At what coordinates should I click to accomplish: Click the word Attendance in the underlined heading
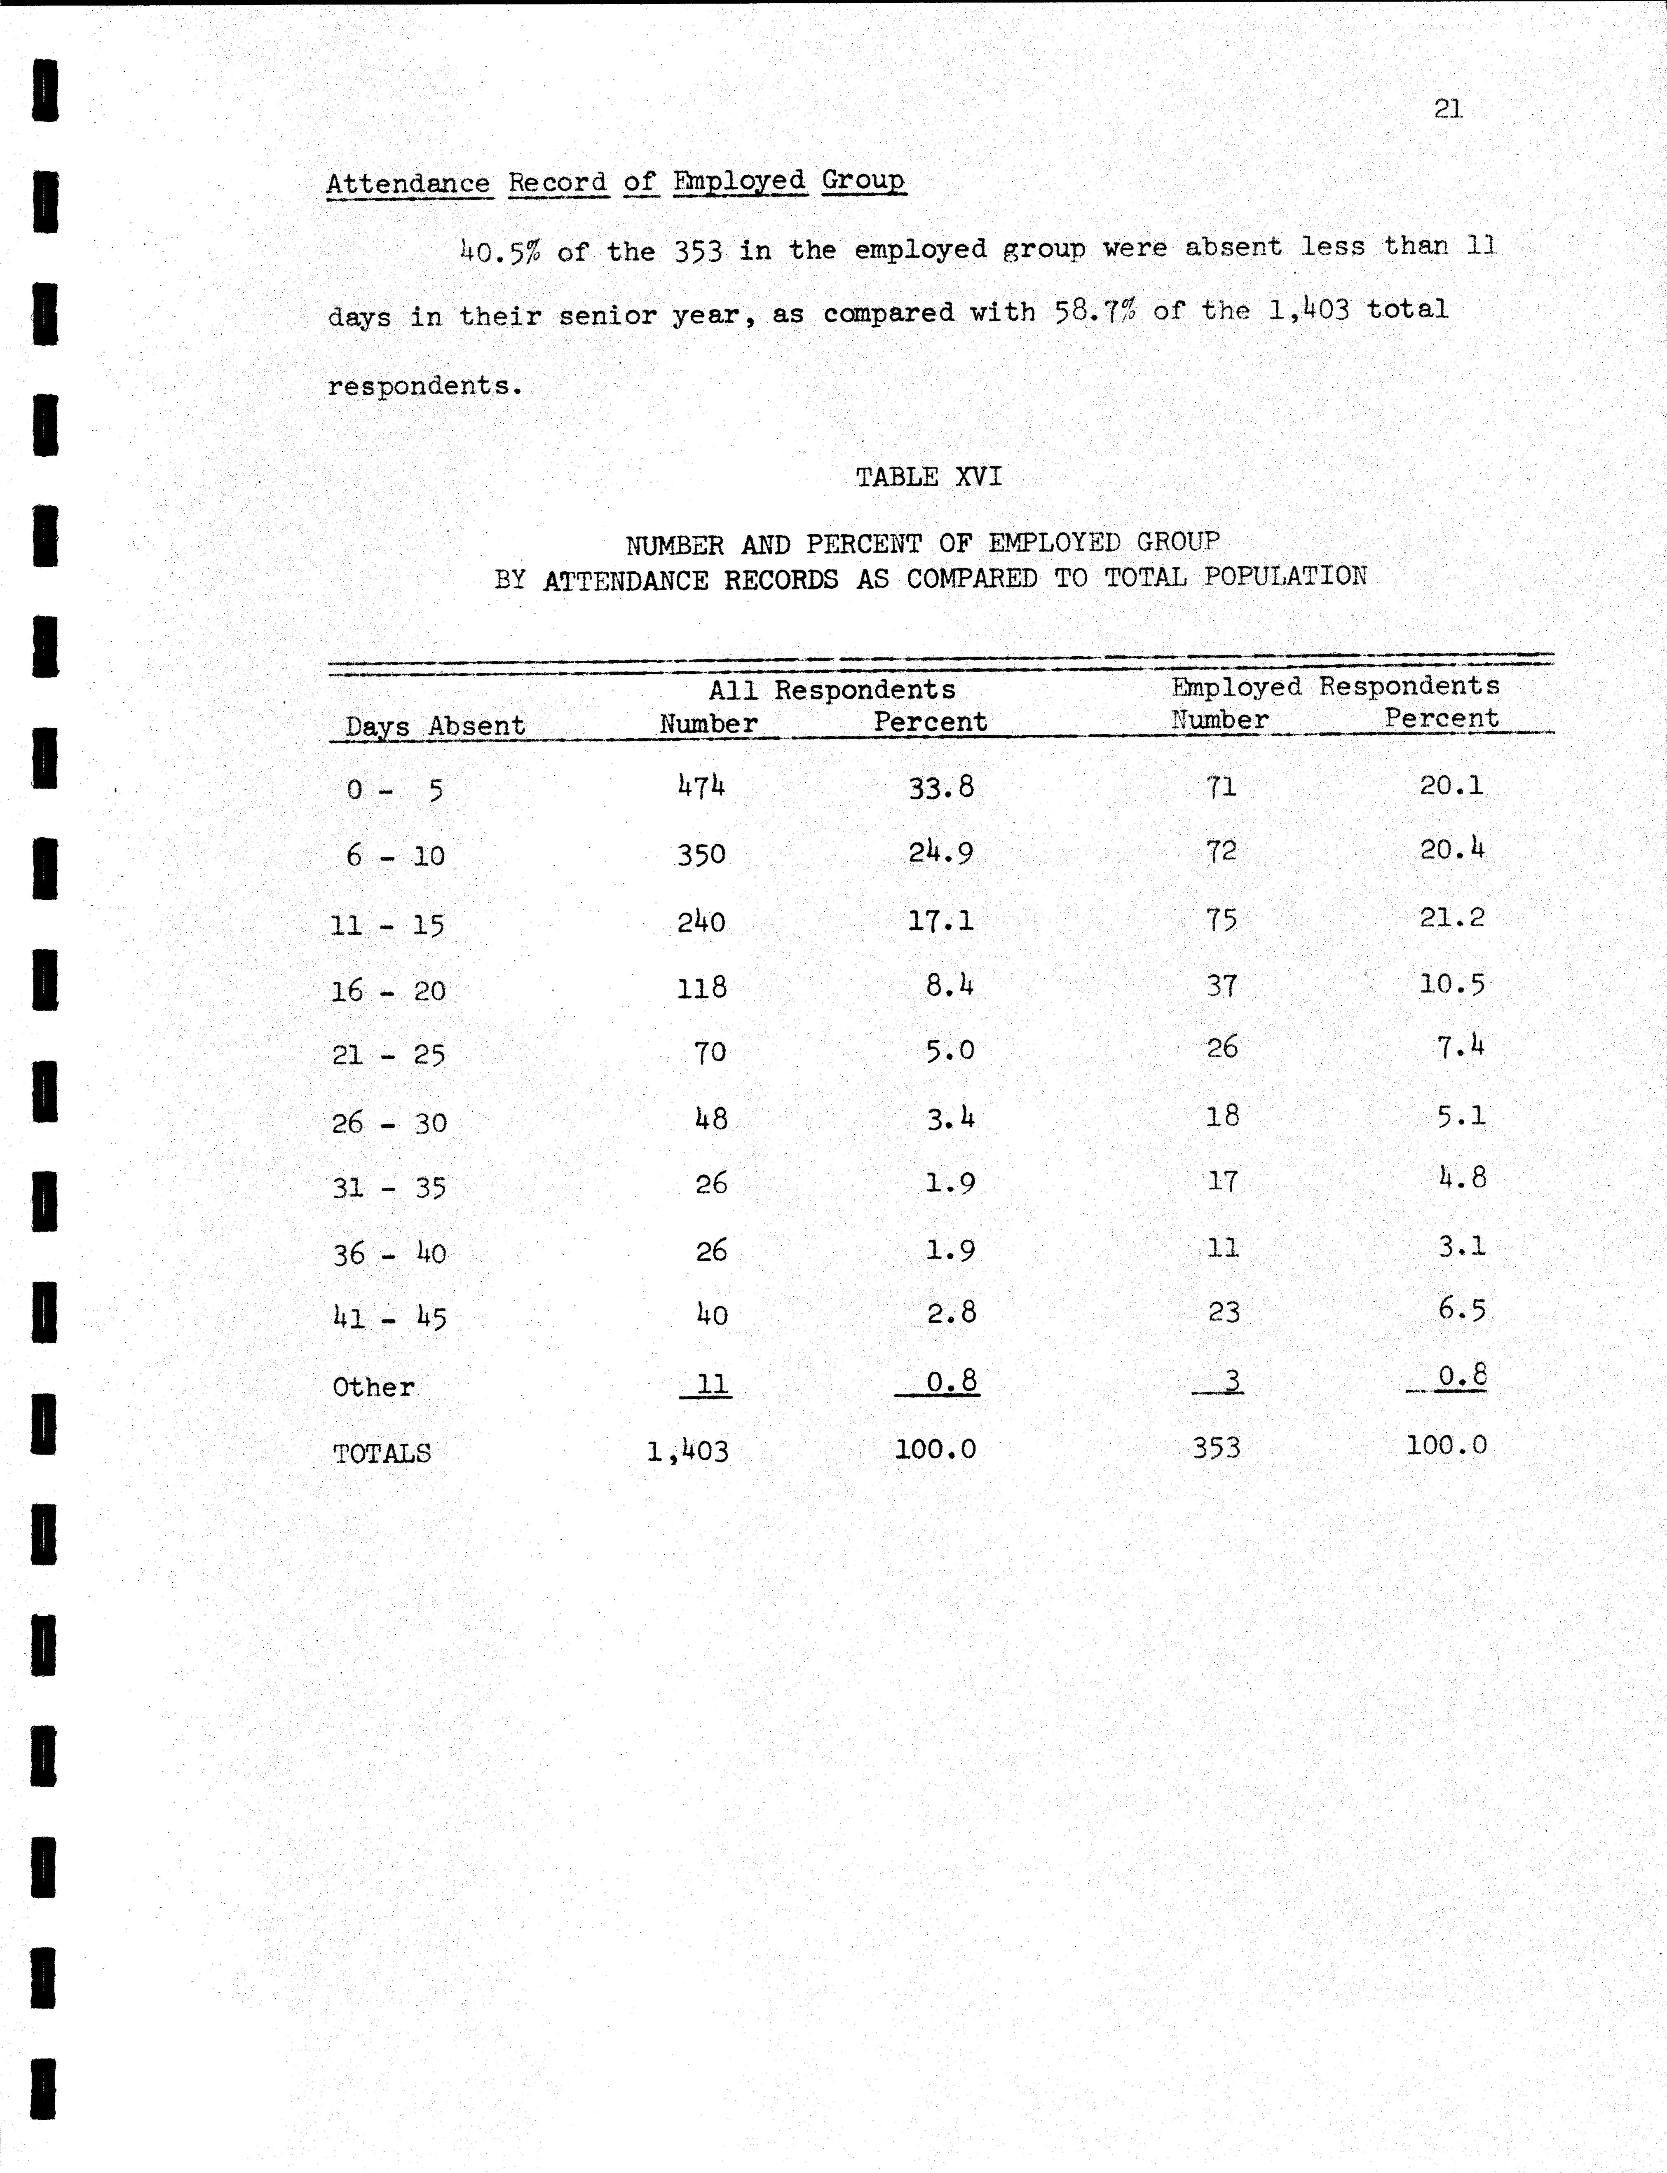pyautogui.click(x=408, y=183)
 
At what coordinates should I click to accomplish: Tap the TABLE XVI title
pyautogui.click(x=929, y=477)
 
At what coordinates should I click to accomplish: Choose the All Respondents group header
pyautogui.click(x=832, y=690)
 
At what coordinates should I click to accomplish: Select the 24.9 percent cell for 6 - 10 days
pyautogui.click(x=941, y=852)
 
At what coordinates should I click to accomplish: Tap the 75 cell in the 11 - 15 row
pyautogui.click(x=1222, y=920)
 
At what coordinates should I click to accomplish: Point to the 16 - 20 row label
pyautogui.click(x=388, y=990)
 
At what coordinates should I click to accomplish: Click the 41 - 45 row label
pyautogui.click(x=389, y=1318)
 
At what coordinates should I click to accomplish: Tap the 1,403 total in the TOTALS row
pyautogui.click(x=688, y=1452)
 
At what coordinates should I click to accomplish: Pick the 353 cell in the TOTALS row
pyautogui.click(x=1217, y=1448)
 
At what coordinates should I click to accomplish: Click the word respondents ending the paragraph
pyautogui.click(x=424, y=386)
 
